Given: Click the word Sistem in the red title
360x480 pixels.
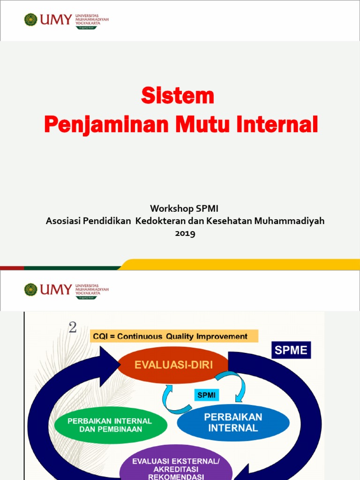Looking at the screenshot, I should [x=178, y=97].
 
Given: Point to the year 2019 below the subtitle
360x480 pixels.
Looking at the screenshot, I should [x=185, y=233].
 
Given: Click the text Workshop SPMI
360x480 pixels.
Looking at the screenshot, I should [x=184, y=208].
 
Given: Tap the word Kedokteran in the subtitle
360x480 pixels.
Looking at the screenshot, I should [x=161, y=221].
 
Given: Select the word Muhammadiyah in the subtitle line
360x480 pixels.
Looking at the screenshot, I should [x=289, y=221].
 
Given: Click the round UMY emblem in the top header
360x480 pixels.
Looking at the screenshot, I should [x=31, y=20].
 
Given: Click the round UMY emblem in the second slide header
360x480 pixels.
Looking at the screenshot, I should [x=31, y=289].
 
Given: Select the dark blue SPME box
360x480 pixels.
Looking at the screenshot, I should [x=291, y=350].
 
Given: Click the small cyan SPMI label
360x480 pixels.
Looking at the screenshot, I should [x=207, y=395].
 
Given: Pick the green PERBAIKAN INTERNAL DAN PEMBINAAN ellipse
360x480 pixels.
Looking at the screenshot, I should [x=110, y=425].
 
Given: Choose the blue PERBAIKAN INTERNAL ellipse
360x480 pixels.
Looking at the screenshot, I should [x=233, y=422].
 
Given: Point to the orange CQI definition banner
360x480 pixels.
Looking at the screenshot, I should [x=175, y=336].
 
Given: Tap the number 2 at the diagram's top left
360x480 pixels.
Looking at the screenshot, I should [x=73, y=328].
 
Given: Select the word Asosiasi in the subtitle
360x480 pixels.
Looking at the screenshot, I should [x=63, y=221].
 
